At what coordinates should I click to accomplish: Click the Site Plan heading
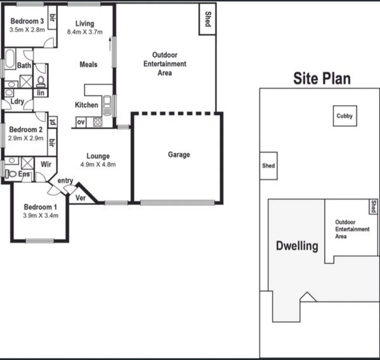point(322,78)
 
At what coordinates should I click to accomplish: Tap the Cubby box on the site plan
point(344,116)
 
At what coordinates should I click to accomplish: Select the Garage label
point(179,154)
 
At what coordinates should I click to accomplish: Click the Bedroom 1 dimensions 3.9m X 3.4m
point(41,216)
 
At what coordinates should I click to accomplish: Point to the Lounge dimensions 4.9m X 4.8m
point(98,164)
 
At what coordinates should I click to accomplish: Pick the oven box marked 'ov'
point(81,122)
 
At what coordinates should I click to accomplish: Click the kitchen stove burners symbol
point(97,122)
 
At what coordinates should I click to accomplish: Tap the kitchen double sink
point(107,106)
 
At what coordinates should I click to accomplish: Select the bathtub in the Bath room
point(10,60)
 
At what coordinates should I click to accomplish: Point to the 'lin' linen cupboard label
point(41,93)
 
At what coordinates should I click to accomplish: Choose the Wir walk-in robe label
point(45,164)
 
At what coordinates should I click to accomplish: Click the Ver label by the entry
point(80,198)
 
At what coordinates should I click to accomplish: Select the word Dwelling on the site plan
point(297,245)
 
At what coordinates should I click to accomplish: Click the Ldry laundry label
point(17,102)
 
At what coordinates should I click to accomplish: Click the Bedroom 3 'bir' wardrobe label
point(52,16)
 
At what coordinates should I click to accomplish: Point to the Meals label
point(88,64)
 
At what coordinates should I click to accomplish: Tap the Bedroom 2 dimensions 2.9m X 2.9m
point(26,138)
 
